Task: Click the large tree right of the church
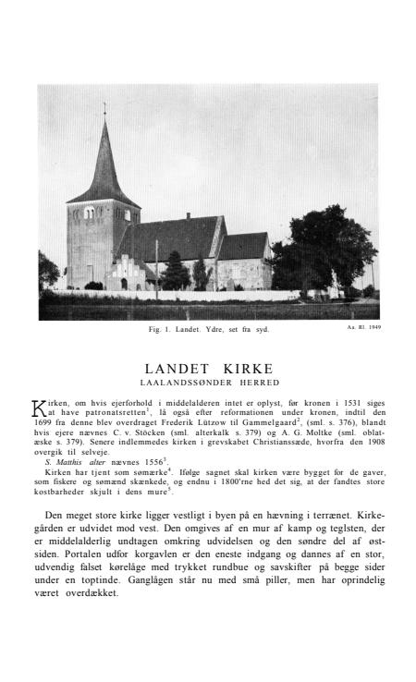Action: click(329, 245)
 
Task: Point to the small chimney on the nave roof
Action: click(187, 217)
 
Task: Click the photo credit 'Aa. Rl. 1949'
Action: click(361, 326)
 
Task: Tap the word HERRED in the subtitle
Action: click(254, 382)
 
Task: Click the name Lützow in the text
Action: click(239, 421)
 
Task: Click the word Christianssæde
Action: click(274, 440)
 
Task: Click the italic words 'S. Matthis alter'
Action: click(75, 460)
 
